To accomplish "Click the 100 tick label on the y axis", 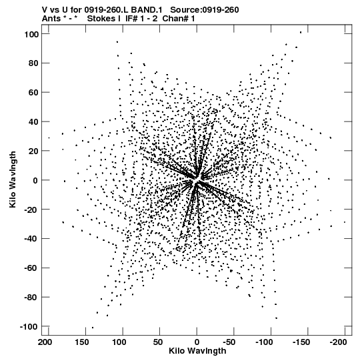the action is (31, 34).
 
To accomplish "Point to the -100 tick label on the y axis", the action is (29, 327).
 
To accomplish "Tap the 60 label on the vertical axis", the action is (33, 93).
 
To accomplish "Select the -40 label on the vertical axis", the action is (31, 239).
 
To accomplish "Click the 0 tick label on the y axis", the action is (35, 180).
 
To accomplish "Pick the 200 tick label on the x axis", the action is (45, 342).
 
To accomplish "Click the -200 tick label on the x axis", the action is (338, 342).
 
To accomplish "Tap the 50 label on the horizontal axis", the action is (158, 342).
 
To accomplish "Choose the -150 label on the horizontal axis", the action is (301, 342).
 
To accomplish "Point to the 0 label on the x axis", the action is (197, 342).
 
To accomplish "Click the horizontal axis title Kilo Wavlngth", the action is (197, 351).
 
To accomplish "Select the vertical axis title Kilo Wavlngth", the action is (13, 179).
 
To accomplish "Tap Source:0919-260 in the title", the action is (205, 10).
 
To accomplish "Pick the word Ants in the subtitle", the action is (51, 19).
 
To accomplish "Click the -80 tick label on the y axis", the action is (31, 298).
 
